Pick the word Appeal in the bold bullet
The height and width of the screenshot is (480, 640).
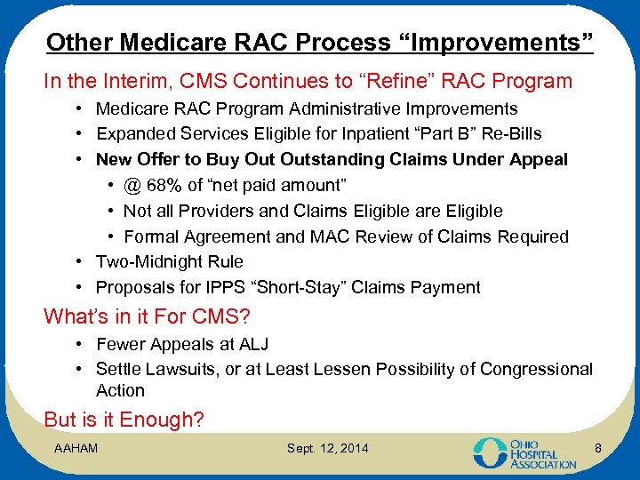[x=537, y=160]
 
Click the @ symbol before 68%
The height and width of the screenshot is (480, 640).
[x=132, y=185]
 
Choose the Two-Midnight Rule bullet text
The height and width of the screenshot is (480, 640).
[x=169, y=261]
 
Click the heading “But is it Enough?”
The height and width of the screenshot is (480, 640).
[x=124, y=420]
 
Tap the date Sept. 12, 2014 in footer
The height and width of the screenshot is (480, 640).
[x=327, y=447]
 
